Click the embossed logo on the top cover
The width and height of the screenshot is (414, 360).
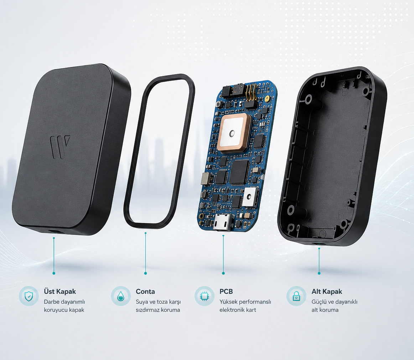(60, 147)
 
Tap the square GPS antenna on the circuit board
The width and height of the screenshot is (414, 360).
(232, 133)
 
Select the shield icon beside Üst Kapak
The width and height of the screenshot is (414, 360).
(29, 296)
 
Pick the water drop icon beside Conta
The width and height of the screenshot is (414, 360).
(121, 296)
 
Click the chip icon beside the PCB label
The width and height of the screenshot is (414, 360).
(205, 296)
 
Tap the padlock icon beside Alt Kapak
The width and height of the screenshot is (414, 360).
(296, 296)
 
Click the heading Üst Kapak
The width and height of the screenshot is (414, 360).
(59, 291)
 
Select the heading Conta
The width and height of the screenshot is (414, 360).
(145, 291)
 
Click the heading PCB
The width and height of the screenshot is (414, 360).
(226, 291)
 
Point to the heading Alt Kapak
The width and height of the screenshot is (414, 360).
(327, 291)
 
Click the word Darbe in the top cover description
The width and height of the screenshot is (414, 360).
(51, 302)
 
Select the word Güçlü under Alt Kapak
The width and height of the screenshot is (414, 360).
(319, 302)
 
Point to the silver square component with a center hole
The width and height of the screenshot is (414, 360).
(249, 196)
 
